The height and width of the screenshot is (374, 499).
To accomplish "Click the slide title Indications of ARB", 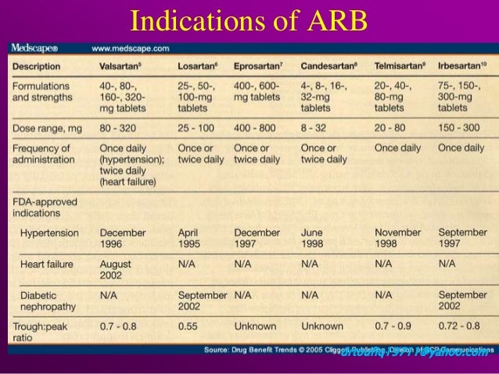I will point(248,20).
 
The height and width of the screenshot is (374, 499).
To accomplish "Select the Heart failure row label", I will point(48,265).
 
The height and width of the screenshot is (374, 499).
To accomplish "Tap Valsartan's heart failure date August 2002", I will point(116,270).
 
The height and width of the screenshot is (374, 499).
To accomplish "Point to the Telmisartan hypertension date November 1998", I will point(397,238).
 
